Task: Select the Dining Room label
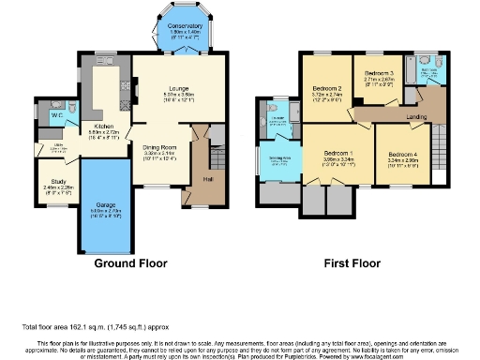[159, 148]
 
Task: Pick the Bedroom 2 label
[325, 91]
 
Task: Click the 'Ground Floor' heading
[132, 263]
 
